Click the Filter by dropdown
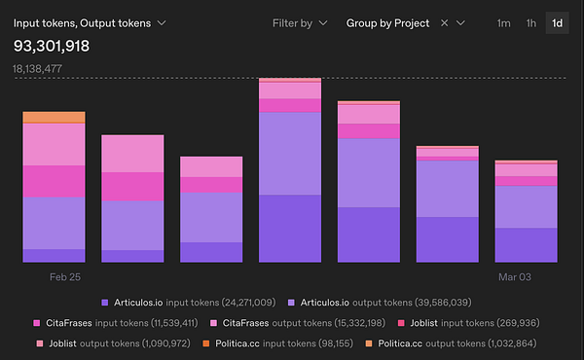(299, 22)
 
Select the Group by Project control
(387, 22)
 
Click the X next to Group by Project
(444, 22)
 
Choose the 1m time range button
(502, 22)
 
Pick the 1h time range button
(530, 22)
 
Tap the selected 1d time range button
(557, 22)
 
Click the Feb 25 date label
(65, 277)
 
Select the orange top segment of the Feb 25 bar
(55, 118)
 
